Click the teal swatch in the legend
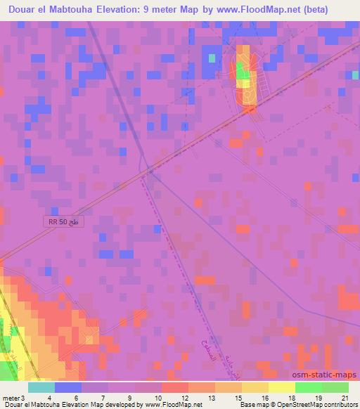41,387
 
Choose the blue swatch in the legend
68,387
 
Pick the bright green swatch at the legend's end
335,387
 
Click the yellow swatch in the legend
282,387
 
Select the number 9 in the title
170,8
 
